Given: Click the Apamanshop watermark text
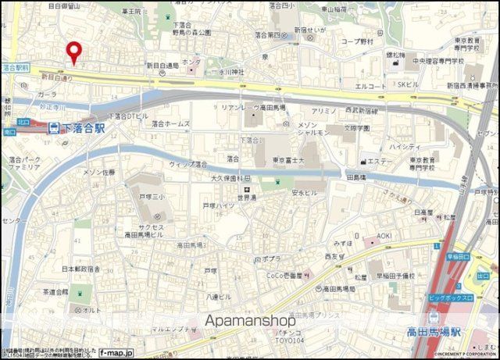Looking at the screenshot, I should click(x=250, y=320).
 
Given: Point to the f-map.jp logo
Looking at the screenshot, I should click(x=116, y=353).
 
